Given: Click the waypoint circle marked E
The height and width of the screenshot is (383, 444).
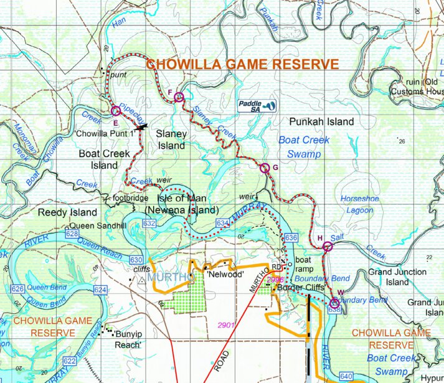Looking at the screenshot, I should tap(115, 111).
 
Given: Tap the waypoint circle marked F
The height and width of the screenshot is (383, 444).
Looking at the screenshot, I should tap(179, 97).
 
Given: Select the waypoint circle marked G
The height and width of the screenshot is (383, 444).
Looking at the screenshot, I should tap(264, 167).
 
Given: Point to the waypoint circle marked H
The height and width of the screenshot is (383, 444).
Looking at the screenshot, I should tap(328, 247).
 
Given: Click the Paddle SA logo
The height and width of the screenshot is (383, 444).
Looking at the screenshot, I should tap(257, 106).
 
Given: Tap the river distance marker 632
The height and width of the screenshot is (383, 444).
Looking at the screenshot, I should tap(149, 223).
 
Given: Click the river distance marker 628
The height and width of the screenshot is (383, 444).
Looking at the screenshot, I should tap(72, 234).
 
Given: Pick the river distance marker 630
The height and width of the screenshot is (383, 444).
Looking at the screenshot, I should tap(137, 259).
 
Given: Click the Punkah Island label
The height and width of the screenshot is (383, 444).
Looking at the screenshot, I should tap(321, 121).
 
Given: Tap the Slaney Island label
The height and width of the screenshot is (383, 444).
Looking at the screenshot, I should tap(171, 139).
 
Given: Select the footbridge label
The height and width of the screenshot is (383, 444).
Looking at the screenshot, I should tap(131, 199).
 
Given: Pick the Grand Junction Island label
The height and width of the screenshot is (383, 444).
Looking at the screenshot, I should tap(397, 277).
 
